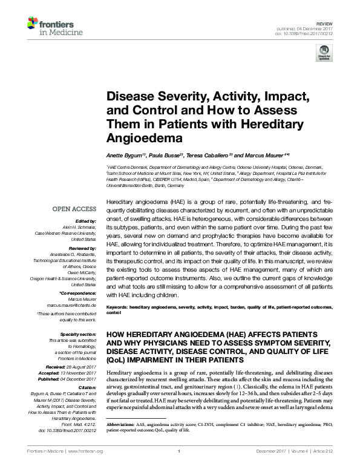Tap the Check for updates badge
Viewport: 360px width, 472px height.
(x=324, y=54)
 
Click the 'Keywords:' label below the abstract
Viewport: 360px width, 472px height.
(x=117, y=308)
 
